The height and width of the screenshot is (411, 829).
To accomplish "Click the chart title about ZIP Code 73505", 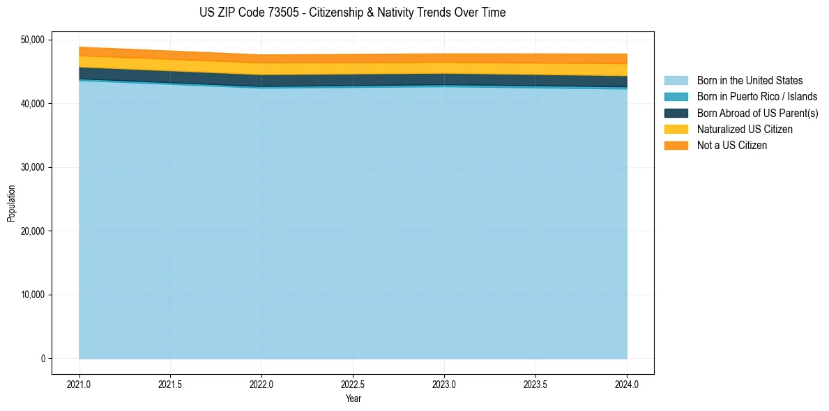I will point(352,13).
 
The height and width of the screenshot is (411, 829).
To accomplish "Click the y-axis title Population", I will point(11,203).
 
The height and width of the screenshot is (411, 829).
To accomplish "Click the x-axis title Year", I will point(353,398).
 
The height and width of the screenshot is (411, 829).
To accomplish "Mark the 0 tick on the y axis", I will point(43,359).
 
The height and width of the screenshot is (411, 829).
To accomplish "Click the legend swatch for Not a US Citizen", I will point(676,146).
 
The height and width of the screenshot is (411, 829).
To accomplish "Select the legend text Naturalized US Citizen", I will point(745,130).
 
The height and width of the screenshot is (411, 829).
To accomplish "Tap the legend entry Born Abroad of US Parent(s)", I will point(757,113).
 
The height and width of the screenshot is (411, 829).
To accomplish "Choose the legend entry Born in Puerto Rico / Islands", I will point(757,97).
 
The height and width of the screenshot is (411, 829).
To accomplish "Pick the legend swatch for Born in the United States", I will point(676,81).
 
